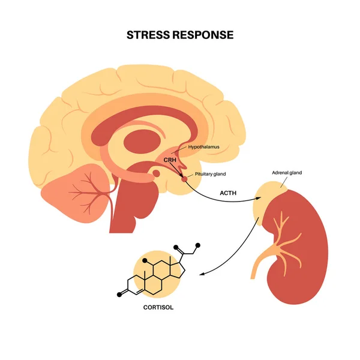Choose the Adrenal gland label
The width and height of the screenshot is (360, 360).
287,173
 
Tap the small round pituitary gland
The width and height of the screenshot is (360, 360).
184,178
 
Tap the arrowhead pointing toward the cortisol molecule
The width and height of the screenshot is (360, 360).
202,274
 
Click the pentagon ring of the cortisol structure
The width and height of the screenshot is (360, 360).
177,268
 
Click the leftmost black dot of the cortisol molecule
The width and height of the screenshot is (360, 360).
118,295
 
